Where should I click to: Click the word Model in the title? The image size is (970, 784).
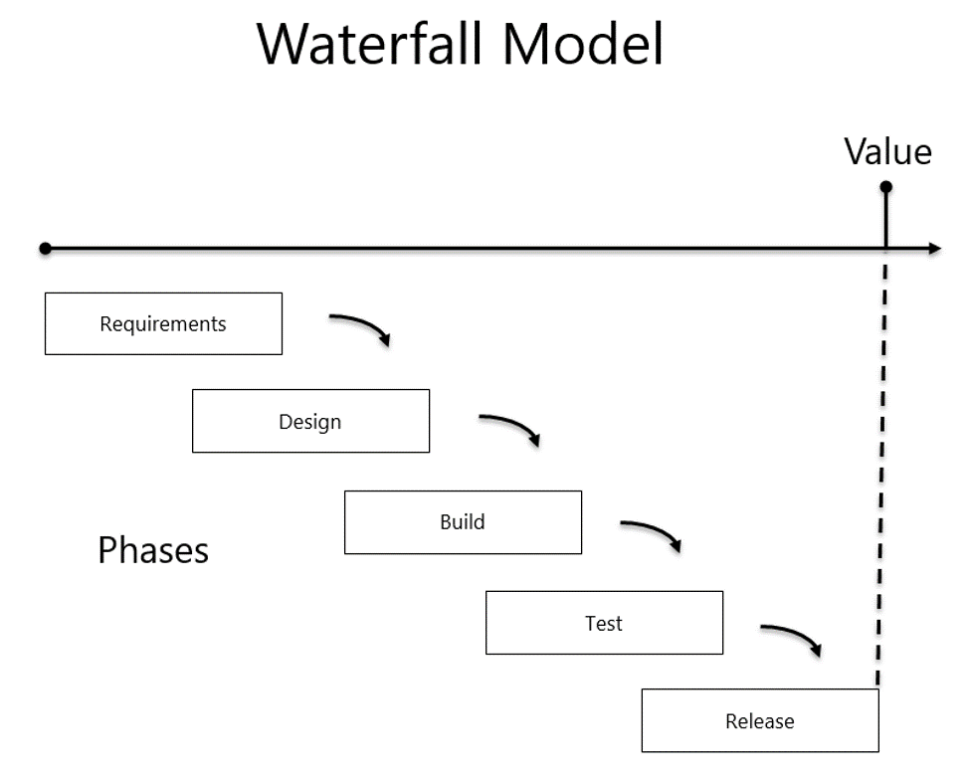583,44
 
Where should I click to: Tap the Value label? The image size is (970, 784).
887,151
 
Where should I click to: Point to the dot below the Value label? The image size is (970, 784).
885,186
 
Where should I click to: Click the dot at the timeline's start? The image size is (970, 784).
45,248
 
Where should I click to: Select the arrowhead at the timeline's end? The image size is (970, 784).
935,248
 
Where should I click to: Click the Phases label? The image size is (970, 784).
153,550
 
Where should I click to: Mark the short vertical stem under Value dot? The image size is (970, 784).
885,220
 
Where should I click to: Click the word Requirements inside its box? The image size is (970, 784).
163,324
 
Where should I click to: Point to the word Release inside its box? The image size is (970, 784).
760,721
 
